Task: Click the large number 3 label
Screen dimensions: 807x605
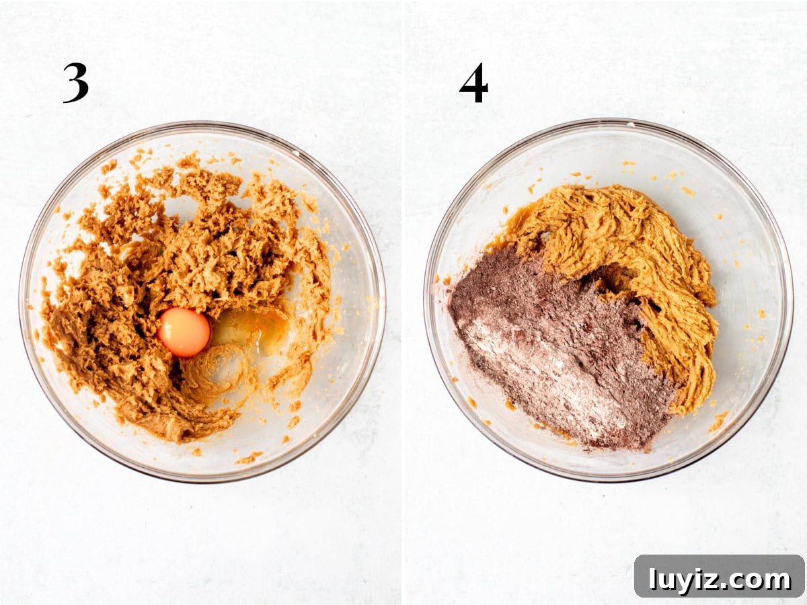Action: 76,83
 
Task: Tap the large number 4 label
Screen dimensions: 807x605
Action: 473,83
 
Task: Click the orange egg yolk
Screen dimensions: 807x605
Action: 184,332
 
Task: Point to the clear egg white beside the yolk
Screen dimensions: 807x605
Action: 250,329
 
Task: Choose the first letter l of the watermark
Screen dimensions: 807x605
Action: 652,579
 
